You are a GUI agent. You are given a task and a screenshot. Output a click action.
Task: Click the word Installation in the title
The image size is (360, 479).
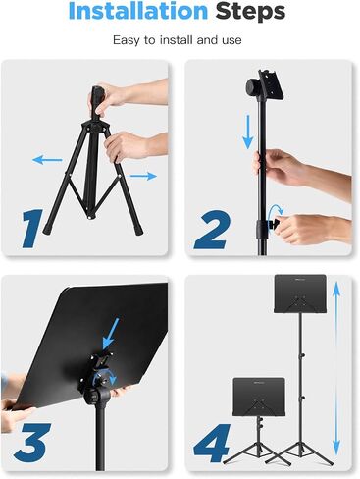coord(138,11)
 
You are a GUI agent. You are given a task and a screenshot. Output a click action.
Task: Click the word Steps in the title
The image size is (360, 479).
coord(250,12)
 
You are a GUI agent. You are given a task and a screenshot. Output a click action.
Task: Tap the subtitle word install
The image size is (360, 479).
coord(177,40)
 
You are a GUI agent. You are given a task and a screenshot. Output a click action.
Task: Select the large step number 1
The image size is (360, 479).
coord(32,228)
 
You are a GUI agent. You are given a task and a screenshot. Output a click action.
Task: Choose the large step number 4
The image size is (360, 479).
coord(212,444)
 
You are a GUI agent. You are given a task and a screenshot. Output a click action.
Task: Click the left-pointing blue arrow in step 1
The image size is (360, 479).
coord(47,160)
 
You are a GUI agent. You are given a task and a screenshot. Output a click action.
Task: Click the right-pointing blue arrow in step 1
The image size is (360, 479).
coord(143,176)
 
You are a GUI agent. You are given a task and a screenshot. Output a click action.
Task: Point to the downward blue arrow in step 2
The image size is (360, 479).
coord(248,132)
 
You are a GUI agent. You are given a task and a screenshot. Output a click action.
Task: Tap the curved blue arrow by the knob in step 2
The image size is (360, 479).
coord(274,212)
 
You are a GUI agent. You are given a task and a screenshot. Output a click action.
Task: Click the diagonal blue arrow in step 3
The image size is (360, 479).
coord(110,334)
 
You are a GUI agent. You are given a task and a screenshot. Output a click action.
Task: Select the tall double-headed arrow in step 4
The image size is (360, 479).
coord(336,369)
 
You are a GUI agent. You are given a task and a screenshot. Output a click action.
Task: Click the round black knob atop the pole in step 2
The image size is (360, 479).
coord(252,87)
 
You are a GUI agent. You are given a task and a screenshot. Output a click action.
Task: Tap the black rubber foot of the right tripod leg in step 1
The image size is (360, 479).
coord(138,229)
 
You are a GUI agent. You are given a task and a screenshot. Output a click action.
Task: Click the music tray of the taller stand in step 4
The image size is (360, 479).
coord(300,293)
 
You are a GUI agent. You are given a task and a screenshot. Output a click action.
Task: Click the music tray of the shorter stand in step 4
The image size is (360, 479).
coord(259,397)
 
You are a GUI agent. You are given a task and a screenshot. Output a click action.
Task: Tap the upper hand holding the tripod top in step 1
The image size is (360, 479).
coord(121,95)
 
